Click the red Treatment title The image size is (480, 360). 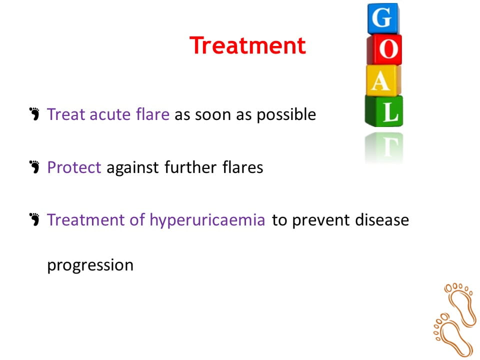pos(247,45)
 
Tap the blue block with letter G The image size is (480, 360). pos(383,18)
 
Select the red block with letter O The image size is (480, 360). pos(384,49)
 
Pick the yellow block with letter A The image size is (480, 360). pos(383,80)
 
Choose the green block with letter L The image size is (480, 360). pos(384,111)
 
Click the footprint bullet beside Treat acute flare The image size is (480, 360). pos(34,114)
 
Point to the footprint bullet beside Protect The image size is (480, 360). pos(34,167)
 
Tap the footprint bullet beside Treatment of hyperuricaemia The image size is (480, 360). pos(34,219)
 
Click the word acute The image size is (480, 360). pos(110,114)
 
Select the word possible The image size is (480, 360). pos(286,115)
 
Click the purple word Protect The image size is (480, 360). pos(74,167)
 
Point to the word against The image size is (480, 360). pos(132,168)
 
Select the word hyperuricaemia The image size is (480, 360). pos(207,220)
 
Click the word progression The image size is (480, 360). pos(90,265)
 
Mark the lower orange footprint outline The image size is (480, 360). pos(452,334)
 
